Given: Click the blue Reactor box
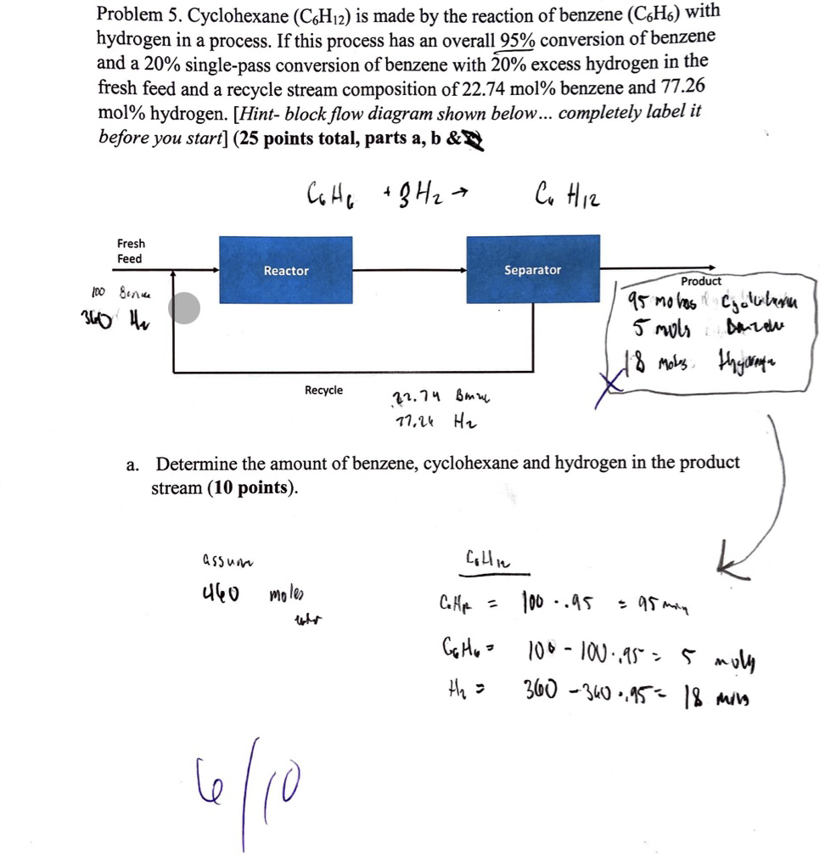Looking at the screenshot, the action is click(285, 270).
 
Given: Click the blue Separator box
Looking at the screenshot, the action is click(532, 269).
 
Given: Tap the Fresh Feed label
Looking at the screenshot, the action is click(130, 250).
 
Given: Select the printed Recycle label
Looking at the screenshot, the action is click(323, 390).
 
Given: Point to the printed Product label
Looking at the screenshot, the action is click(700, 280).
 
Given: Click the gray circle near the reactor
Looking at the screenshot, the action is click(184, 308).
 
